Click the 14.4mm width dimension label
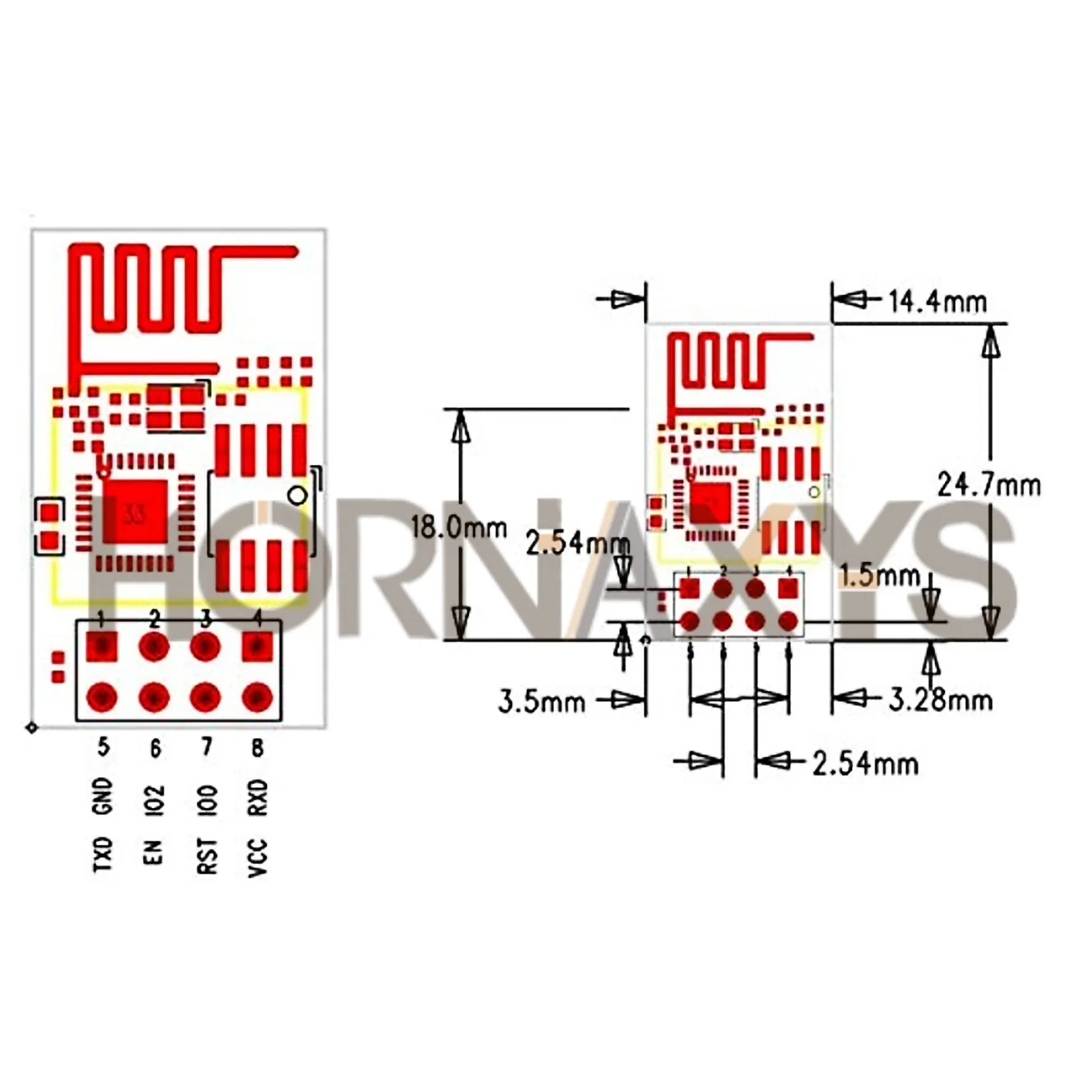point(936,301)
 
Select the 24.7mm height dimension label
point(988,485)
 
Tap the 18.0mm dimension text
point(458,528)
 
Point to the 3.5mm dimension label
point(541,702)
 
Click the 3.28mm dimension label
point(940,700)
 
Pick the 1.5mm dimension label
point(880,575)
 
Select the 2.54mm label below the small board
point(865,764)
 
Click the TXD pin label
point(103,854)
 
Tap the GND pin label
point(103,797)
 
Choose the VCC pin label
point(258,857)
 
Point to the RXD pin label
point(258,797)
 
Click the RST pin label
point(207,856)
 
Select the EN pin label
point(154,851)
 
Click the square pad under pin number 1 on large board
point(101,645)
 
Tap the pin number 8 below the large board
point(258,748)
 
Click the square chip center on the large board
point(135,512)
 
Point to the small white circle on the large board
point(296,495)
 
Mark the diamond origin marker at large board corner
point(32,727)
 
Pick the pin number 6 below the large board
point(155,748)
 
